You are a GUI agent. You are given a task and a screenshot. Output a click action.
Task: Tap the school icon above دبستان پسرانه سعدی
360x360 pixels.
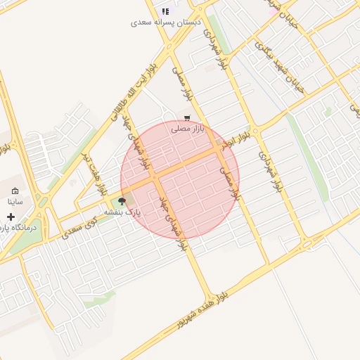tap(166, 11)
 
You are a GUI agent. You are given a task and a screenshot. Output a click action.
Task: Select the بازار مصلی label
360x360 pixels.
tap(188, 129)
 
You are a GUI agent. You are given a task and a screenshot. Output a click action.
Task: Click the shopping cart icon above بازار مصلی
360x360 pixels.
tap(187, 118)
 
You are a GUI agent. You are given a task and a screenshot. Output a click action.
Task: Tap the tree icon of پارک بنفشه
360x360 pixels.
tap(122, 201)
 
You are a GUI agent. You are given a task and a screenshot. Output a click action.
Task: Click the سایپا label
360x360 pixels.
tap(15, 201)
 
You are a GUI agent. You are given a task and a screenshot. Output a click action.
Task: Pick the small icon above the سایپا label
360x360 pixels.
tap(15, 191)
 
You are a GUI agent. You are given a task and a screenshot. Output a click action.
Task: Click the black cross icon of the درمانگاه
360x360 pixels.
tap(11, 217)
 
